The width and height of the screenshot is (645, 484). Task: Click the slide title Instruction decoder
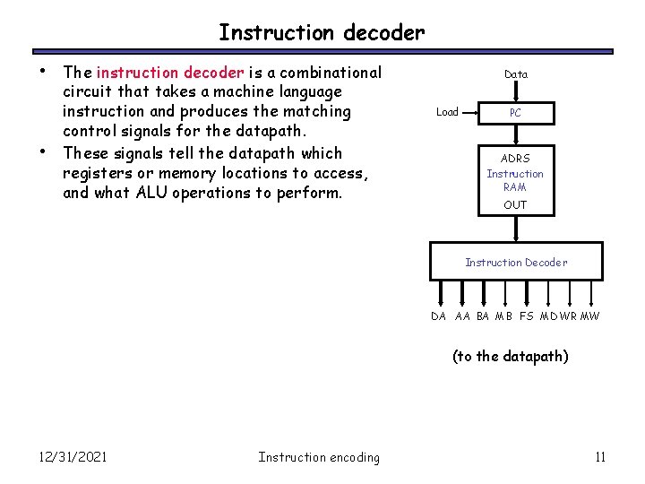(x=322, y=33)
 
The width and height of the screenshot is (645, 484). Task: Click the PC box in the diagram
(x=515, y=113)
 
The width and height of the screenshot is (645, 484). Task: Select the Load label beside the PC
(x=447, y=112)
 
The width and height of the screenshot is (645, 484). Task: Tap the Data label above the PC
(x=516, y=74)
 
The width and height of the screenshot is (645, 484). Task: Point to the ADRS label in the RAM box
(x=515, y=159)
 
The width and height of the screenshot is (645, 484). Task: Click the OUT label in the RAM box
(x=515, y=205)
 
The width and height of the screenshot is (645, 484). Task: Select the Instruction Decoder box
(x=515, y=262)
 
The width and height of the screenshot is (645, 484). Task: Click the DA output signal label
(x=438, y=316)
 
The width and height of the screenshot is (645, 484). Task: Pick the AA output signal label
(x=462, y=316)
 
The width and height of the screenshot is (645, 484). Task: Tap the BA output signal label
(x=483, y=316)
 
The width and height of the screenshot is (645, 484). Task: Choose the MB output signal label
(x=503, y=316)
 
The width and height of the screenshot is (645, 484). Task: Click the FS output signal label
(x=526, y=316)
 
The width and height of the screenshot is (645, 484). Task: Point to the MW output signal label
(x=590, y=316)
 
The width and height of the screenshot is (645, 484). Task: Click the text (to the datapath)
(x=510, y=357)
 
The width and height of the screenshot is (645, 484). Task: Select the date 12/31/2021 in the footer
(x=73, y=457)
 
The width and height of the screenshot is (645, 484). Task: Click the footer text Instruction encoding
(x=319, y=457)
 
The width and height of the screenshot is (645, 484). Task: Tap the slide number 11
(x=600, y=457)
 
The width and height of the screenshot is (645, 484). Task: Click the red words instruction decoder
(x=169, y=73)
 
